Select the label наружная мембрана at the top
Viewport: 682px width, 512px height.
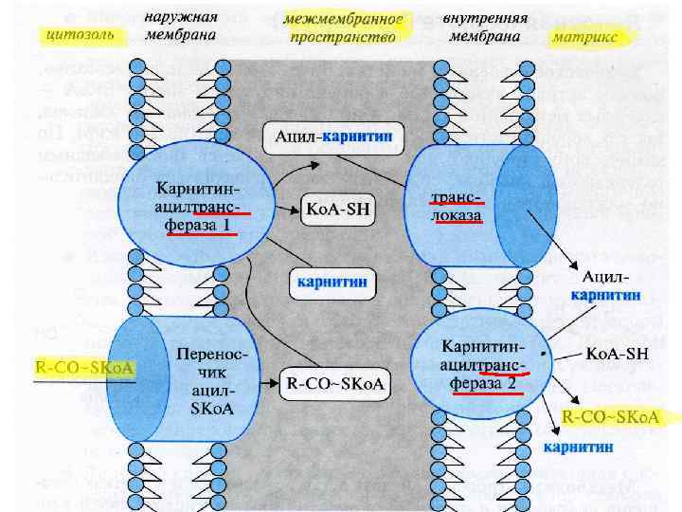[180, 27]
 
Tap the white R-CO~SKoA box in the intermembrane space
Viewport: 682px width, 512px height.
[334, 383]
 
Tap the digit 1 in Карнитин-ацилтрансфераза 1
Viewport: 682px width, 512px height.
[225, 225]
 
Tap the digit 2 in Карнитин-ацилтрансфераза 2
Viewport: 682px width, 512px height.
[511, 384]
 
